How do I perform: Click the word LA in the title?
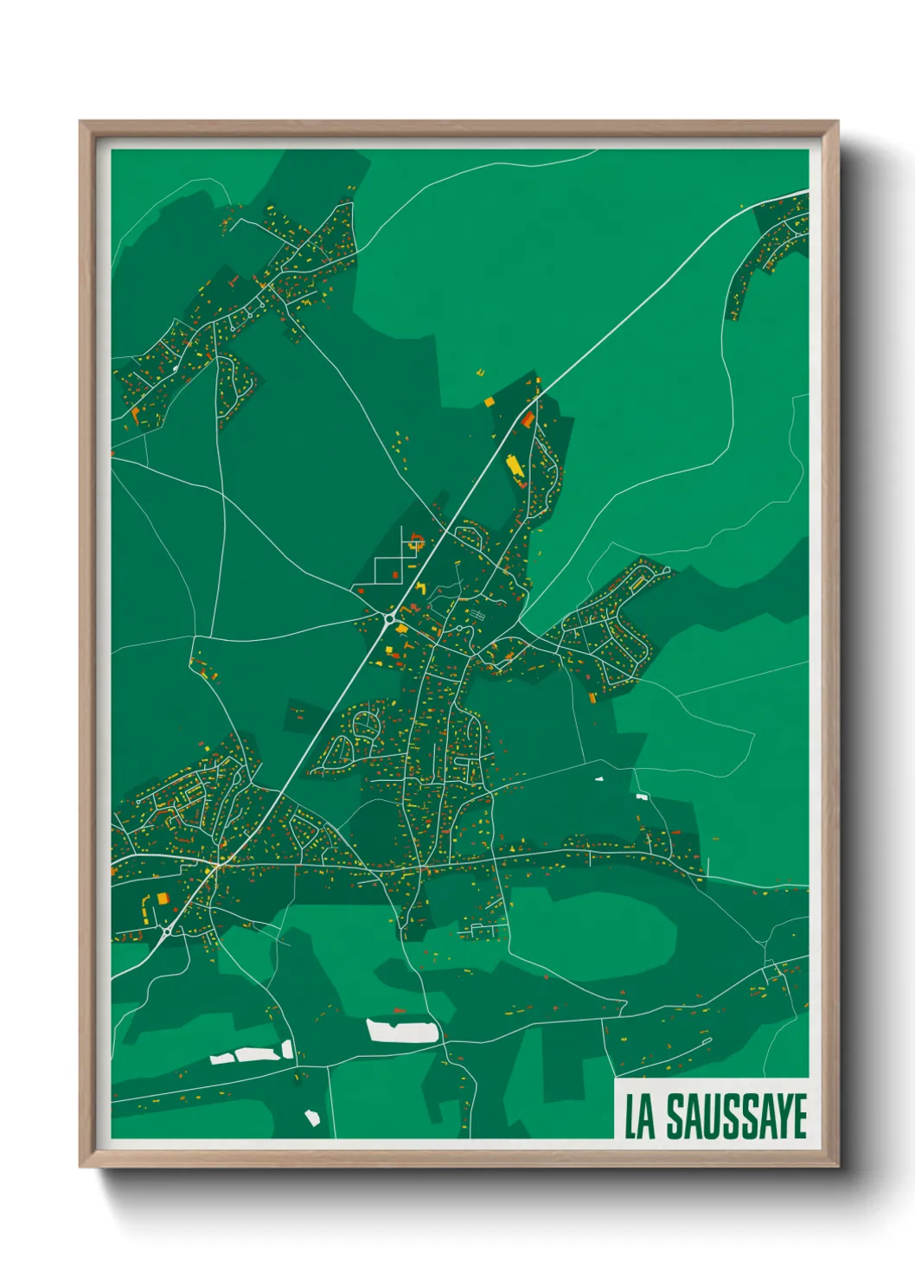point(641,1117)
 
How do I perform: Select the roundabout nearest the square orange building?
point(165,932)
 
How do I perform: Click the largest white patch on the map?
point(401,1030)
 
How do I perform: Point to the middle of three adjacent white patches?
point(251,1054)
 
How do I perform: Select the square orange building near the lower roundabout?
point(162,899)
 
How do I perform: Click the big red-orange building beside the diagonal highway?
point(527,419)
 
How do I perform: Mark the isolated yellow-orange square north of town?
point(489,401)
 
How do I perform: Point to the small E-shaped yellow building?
point(481,374)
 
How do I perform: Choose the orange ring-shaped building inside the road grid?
point(417,544)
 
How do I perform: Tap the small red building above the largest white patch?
point(399,1010)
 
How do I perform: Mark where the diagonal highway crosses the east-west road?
point(215,863)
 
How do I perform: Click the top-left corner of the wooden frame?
point(81,123)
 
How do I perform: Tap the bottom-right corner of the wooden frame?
point(836,1165)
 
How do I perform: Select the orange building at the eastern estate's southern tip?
point(592,697)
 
